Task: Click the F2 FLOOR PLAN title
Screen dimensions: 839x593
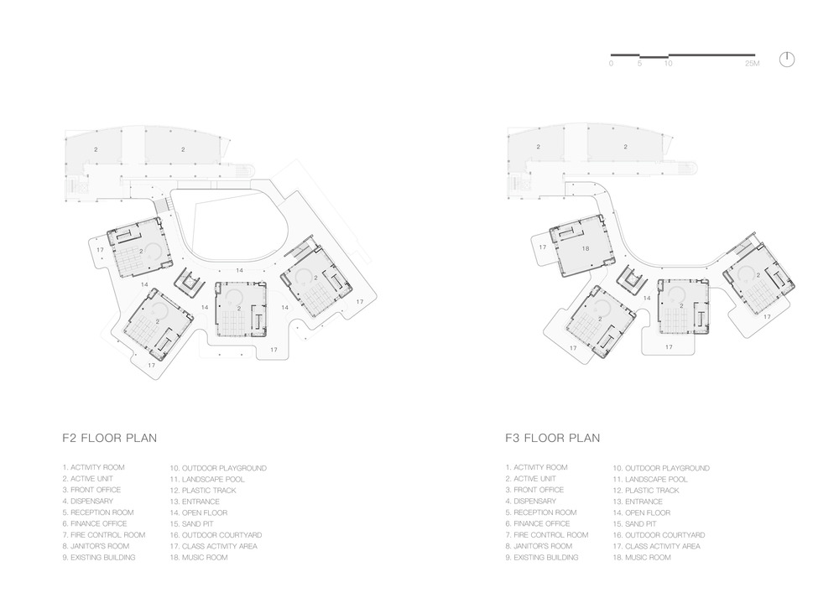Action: click(110, 438)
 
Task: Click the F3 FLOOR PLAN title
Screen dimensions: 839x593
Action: click(553, 438)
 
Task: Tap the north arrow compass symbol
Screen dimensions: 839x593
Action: click(787, 60)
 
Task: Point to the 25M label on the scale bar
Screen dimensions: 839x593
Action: click(752, 64)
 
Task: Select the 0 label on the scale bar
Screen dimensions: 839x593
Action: click(612, 64)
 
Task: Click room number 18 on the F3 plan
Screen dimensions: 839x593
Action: click(586, 248)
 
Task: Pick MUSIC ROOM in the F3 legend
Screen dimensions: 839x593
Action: click(648, 557)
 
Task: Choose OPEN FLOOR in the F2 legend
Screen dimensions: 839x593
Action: click(205, 512)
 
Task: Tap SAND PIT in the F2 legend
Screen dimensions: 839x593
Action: click(197, 524)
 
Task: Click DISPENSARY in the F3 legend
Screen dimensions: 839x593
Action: click(535, 501)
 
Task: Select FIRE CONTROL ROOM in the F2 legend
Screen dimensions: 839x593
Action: click(108, 535)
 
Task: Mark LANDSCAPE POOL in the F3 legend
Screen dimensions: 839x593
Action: click(657, 479)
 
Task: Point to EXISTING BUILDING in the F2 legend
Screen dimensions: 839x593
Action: click(102, 557)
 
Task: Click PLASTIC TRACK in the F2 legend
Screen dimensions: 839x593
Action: click(209, 491)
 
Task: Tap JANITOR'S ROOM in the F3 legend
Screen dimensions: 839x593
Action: click(543, 546)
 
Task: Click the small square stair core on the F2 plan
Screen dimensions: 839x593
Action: click(190, 280)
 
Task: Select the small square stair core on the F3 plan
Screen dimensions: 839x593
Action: click(633, 278)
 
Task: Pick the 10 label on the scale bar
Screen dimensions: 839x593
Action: click(669, 64)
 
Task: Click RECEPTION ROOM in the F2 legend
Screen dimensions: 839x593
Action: click(102, 512)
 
